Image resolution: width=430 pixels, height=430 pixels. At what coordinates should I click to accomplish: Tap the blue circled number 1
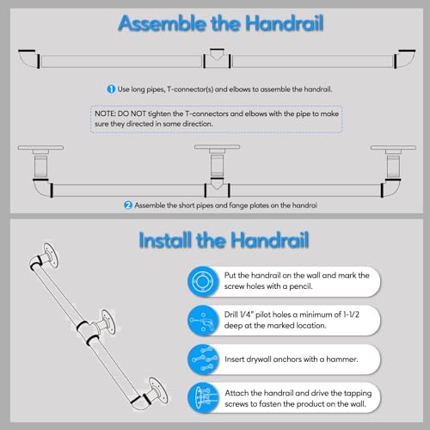[112, 89]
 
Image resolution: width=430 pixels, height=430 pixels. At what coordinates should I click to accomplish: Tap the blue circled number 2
[128, 205]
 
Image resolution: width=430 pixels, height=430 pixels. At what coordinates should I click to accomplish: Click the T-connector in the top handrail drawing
[217, 57]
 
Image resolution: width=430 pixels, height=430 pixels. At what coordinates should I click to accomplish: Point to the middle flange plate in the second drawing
[216, 150]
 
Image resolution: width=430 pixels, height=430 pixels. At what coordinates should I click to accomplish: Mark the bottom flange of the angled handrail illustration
[154, 390]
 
